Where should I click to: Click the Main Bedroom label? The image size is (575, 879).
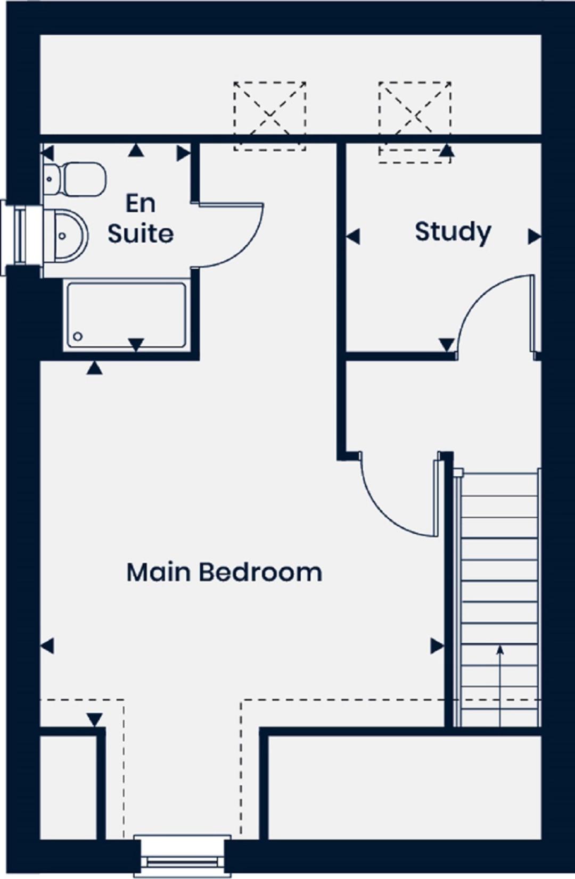pos(224,573)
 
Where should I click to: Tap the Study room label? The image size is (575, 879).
pos(453,232)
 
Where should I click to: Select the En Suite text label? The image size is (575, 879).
pos(141,219)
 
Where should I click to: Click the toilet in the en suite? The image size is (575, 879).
pos(75,179)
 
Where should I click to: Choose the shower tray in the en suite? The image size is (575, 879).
pos(126,315)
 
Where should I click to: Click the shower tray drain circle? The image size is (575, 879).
pos(78,336)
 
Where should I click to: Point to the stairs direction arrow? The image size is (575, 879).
pos(500,685)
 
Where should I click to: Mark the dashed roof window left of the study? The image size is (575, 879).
pos(270,116)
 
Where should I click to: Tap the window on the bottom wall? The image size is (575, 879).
pos(182,858)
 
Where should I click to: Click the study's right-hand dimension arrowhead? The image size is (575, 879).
pos(535,237)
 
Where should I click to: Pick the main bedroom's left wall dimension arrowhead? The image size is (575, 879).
pos(47,646)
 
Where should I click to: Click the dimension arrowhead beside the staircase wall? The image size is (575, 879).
pos(437,646)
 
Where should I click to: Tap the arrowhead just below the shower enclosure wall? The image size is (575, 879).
pos(94,368)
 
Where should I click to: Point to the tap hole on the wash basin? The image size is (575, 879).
pos(62,236)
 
